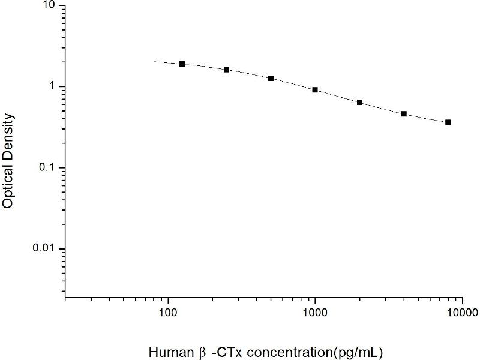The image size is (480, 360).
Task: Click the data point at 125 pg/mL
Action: point(182,64)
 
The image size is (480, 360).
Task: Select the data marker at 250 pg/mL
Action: point(226,70)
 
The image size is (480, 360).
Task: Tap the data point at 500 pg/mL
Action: point(271,78)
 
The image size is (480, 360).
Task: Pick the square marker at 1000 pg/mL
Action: point(315,89)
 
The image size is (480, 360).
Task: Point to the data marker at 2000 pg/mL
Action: point(359,102)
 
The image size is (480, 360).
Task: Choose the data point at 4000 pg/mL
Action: point(404,113)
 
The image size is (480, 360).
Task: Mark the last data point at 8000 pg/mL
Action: point(448,122)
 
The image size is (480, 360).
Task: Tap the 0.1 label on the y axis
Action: point(47,168)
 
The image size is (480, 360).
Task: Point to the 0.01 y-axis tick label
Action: point(44,249)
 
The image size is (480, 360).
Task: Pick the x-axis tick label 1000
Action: point(315,312)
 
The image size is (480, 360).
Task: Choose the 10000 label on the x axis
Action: point(461,312)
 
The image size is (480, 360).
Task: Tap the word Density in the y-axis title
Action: point(8,138)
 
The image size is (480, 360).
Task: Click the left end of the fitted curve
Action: point(155,61)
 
